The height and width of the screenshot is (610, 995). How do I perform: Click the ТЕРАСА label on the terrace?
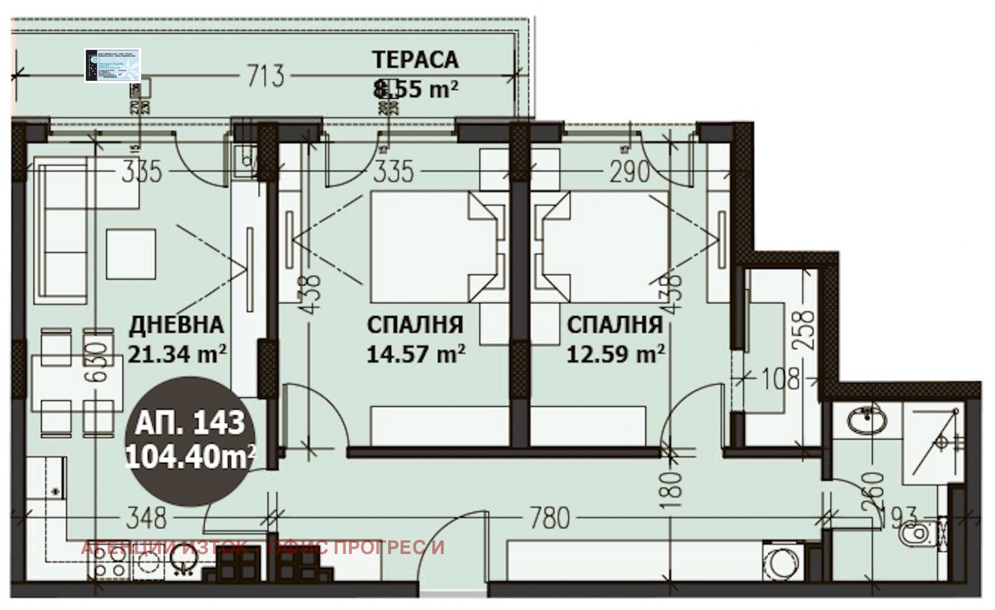(x=415, y=60)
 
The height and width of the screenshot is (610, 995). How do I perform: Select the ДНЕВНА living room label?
(x=176, y=325)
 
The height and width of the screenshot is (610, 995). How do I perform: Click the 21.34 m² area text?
(x=177, y=354)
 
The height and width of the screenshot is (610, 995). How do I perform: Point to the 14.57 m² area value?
(x=415, y=354)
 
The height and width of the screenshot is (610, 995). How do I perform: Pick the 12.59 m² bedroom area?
(x=616, y=354)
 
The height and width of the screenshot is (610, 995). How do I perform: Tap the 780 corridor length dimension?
(x=550, y=518)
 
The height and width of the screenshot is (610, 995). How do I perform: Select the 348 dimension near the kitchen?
(x=147, y=518)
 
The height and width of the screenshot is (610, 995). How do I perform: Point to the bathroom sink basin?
(x=866, y=420)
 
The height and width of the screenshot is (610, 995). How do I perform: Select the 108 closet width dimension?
(x=781, y=378)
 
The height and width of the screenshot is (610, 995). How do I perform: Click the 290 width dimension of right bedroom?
(x=629, y=172)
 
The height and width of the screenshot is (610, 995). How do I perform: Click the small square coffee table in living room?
(x=131, y=254)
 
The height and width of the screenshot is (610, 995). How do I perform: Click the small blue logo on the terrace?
(x=113, y=65)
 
